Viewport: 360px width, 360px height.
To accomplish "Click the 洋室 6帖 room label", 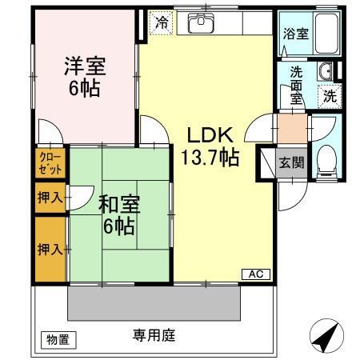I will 84,77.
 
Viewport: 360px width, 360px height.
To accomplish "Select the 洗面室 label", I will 295,82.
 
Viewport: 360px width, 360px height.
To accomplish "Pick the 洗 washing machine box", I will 330,97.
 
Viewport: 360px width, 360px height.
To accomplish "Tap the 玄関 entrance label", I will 290,162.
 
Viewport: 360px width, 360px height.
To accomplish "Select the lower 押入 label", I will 50,249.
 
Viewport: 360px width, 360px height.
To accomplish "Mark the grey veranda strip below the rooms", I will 154,303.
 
